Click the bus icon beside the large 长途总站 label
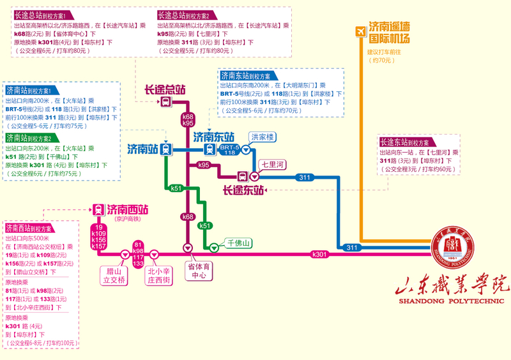(x=165, y=102)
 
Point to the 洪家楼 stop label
(x=262, y=137)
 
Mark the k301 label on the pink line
(x=319, y=255)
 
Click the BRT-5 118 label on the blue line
(x=228, y=149)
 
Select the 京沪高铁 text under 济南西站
(x=121, y=218)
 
